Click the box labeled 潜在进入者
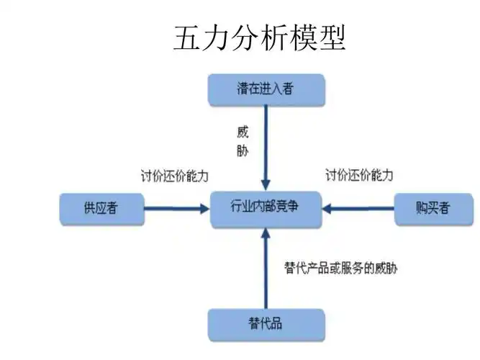point(266,89)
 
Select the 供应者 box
point(101,209)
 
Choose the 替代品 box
point(266,323)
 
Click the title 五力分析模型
point(260,37)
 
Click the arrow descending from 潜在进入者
point(266,144)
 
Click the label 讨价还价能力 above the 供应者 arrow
point(175,175)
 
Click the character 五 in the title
point(187,37)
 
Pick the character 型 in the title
point(332,37)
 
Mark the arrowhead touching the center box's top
point(266,184)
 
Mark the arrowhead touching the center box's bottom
point(266,233)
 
